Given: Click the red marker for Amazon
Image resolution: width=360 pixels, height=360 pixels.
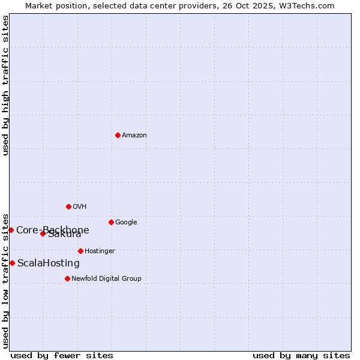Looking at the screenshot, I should [x=118, y=135].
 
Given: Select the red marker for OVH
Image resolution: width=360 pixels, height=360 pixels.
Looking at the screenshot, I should [x=68, y=206].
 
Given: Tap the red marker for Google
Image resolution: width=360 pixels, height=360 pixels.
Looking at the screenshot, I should [x=111, y=222].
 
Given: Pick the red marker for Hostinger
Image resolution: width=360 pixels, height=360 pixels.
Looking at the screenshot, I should [x=80, y=251].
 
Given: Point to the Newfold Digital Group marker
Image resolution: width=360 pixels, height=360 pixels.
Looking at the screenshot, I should [x=67, y=278].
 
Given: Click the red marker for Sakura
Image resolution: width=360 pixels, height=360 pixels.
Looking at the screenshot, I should [x=43, y=233].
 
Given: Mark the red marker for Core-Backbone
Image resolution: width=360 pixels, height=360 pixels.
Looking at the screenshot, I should [x=11, y=230].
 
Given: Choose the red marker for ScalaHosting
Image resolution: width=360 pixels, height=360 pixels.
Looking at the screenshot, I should [x=12, y=263].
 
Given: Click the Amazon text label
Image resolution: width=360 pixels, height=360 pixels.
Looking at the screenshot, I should [x=134, y=136].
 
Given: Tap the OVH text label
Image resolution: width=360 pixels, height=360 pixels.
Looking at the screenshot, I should [x=80, y=207].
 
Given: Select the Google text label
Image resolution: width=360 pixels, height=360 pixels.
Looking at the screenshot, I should [x=126, y=223].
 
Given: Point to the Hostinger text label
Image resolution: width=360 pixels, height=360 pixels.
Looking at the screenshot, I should [x=100, y=251].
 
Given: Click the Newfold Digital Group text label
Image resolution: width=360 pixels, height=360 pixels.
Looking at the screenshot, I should [x=106, y=279].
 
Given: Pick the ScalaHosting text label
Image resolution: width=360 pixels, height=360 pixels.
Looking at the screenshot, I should [x=49, y=263].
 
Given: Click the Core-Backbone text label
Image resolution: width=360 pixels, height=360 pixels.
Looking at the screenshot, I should [x=53, y=230].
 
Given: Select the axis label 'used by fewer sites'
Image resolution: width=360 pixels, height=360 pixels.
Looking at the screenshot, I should [x=62, y=355].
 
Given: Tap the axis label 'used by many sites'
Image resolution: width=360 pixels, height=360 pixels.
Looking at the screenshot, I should [x=301, y=355].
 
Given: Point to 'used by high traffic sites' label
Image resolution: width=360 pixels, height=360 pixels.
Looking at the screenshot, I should [x=6, y=85].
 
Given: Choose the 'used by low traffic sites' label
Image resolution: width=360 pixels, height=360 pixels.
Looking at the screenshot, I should [x=6, y=280].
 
